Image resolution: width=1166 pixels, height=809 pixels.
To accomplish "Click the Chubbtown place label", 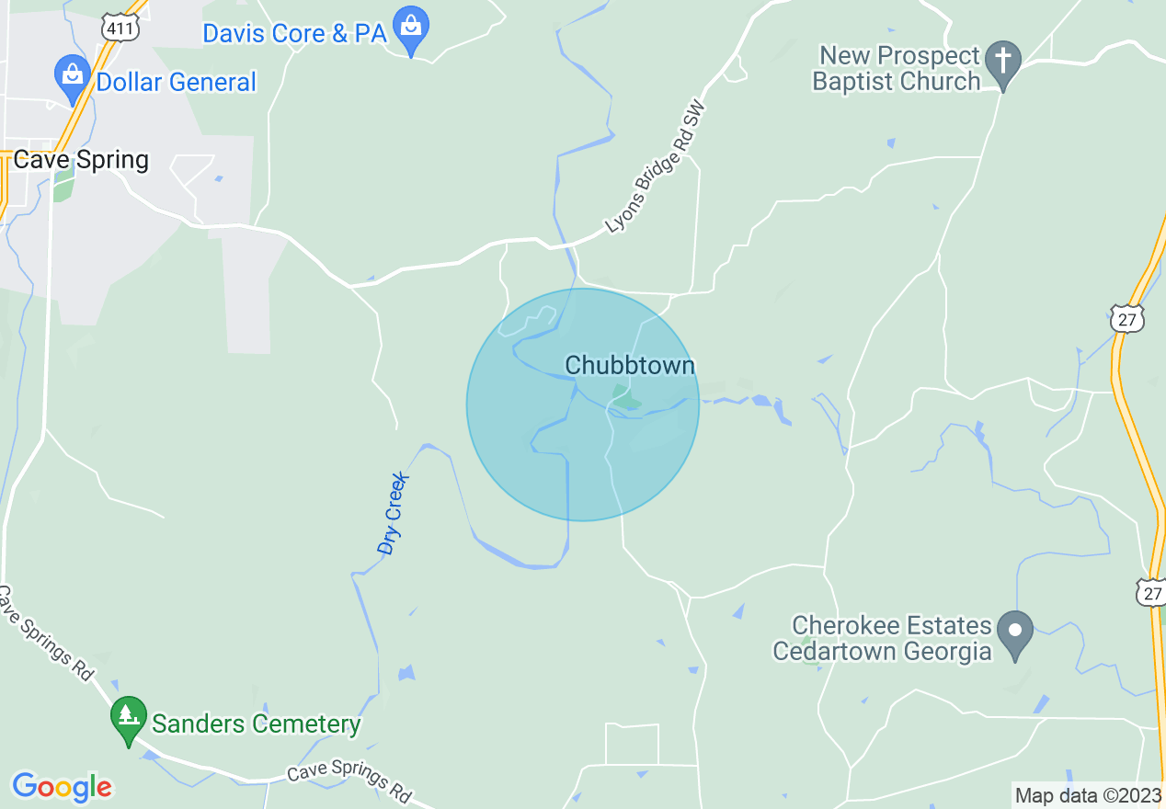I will (x=630, y=366).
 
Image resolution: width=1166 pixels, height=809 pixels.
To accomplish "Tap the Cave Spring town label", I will (x=80, y=160).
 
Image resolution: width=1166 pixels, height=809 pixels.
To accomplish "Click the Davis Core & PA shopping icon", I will (x=410, y=29).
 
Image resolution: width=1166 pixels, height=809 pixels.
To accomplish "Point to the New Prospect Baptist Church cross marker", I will (x=1003, y=63).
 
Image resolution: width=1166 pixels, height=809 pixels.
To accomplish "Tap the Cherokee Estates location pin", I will (x=1015, y=632).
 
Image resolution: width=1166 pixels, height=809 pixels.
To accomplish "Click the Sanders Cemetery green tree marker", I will (x=129, y=719).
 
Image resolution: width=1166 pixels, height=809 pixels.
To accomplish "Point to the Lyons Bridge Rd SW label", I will (x=655, y=165).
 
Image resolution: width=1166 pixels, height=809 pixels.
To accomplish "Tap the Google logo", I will (x=62, y=787).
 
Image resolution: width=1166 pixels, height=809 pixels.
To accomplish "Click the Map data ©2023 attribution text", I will (x=1088, y=795).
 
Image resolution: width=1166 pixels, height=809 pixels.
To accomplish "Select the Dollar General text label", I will (x=177, y=82).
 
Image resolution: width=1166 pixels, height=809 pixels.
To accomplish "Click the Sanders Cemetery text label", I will (x=256, y=724).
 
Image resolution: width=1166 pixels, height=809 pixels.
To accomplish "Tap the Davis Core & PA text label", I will (x=294, y=34).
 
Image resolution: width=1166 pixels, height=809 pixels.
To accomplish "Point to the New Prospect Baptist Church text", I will (x=899, y=69).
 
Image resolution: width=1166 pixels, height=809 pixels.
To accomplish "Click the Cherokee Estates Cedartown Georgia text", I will (x=882, y=639).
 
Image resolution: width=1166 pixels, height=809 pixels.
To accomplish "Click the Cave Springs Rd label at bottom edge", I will (x=348, y=782).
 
